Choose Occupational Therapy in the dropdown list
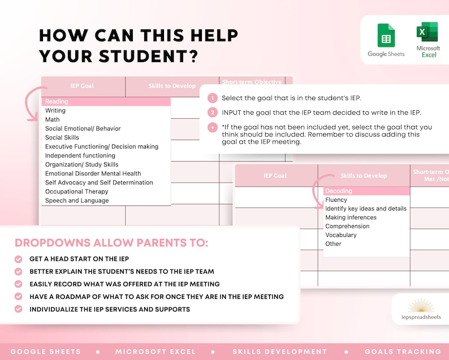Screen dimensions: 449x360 coord(77,192)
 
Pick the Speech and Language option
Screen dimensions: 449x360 coord(77,201)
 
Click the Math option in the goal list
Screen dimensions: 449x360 coord(53,120)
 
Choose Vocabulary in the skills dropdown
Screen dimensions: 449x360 coord(341,235)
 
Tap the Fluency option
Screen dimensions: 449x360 coord(336,200)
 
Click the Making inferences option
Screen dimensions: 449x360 coord(351,218)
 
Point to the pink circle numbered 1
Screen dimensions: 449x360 coord(212,98)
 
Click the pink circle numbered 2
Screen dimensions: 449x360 coord(212,112)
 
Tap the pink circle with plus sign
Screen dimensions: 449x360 coord(212,127)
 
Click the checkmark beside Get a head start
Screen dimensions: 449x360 coord(19,259)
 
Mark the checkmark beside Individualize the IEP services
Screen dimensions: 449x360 coord(19,309)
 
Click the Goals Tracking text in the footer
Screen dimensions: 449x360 coord(403,352)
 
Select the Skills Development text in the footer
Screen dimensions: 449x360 coord(279,352)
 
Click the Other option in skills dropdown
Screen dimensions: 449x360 coord(334,244)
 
